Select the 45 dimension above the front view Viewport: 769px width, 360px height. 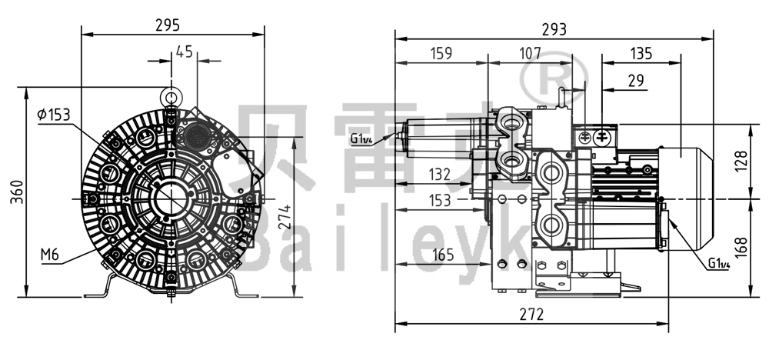click(185, 52)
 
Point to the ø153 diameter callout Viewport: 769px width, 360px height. click(53, 115)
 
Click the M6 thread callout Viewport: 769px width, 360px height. click(50, 255)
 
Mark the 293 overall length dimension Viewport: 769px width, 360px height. click(554, 29)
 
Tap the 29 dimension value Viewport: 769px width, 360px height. click(635, 80)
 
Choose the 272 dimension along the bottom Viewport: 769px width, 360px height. click(531, 315)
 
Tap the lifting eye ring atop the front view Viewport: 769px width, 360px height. click(170, 96)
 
